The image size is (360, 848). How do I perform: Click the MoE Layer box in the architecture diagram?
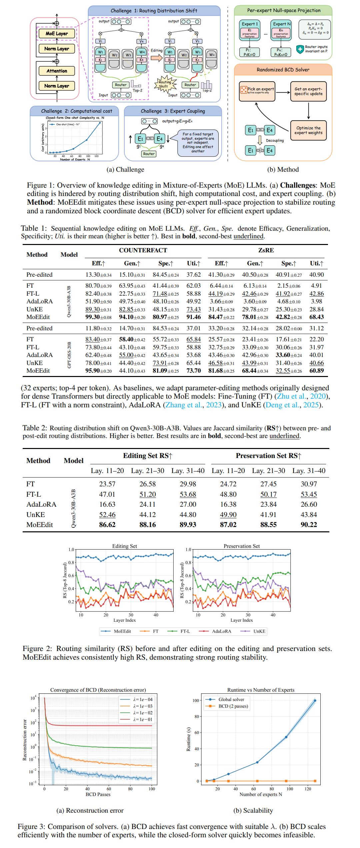(57, 33)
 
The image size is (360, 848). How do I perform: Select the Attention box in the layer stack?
(57, 71)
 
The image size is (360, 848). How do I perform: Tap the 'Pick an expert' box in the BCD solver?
(257, 91)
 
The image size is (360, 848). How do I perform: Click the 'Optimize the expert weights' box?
(308, 130)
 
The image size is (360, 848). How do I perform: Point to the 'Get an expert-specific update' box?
(308, 91)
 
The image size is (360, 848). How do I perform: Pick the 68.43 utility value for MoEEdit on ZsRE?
(316, 317)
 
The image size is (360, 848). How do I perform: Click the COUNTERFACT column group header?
(143, 250)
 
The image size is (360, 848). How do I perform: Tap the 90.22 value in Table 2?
(309, 525)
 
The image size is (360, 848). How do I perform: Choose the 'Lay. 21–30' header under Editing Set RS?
(147, 471)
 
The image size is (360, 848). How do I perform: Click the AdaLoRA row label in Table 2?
(41, 504)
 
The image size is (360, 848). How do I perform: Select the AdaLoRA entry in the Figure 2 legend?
(221, 631)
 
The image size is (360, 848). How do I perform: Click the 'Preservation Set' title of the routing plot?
(242, 546)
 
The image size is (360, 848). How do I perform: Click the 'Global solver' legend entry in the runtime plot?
(231, 699)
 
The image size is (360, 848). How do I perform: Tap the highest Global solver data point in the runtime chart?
(315, 701)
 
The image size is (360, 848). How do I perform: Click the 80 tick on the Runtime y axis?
(197, 717)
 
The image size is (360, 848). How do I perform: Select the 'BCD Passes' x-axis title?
(98, 794)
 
